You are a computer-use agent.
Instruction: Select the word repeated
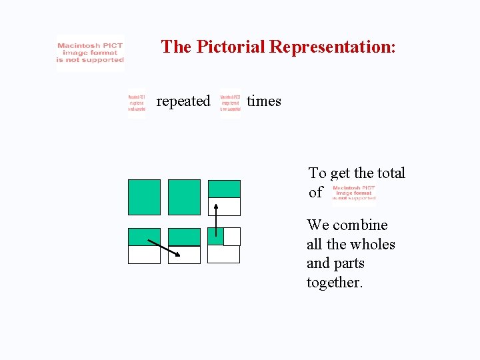(x=183, y=101)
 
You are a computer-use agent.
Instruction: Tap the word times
(x=264, y=101)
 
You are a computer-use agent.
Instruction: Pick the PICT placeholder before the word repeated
(x=137, y=104)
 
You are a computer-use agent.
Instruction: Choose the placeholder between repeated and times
(x=230, y=104)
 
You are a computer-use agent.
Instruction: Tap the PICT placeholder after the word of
(x=353, y=193)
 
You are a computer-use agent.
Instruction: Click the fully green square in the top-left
(x=145, y=197)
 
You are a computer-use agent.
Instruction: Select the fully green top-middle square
(x=184, y=197)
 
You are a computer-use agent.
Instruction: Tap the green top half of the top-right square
(x=224, y=189)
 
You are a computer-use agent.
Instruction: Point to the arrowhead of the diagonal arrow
(x=177, y=254)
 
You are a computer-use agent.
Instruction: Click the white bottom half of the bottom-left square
(x=145, y=255)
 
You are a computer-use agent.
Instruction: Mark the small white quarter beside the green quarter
(x=232, y=236)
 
